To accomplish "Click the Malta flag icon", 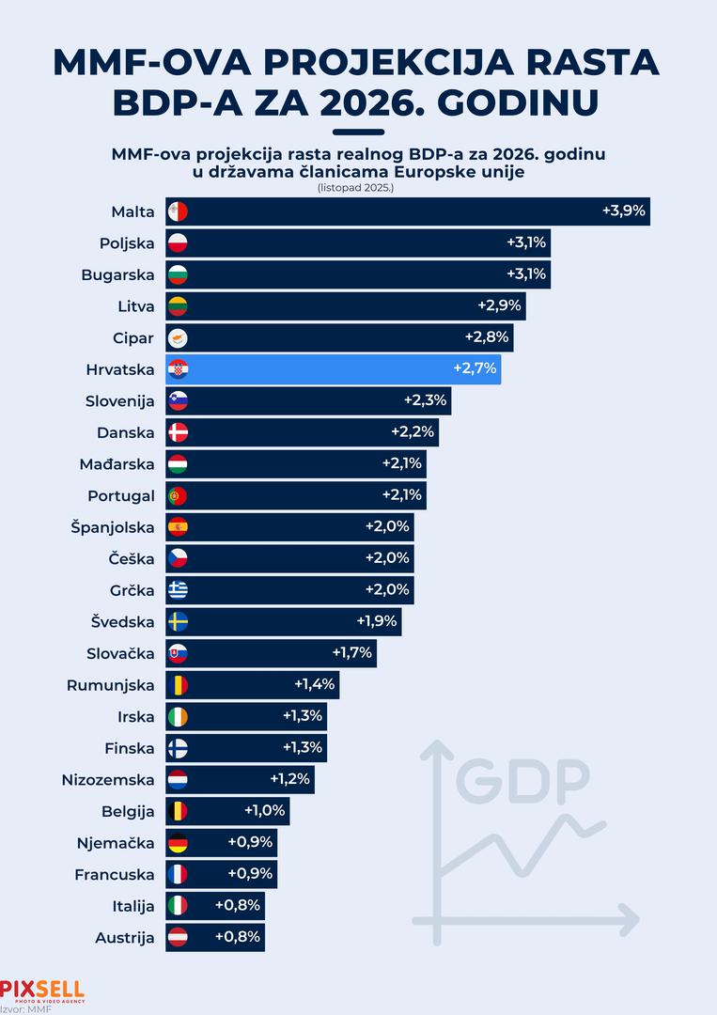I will pos(178,211).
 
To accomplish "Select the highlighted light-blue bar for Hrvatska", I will pos(334,369).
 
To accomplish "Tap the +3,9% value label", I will pos(624,211).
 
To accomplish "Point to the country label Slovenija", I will pos(121,401).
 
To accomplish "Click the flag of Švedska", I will pos(178,621).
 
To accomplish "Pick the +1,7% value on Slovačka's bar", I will pos(352,653).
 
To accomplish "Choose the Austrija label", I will pos(124,937).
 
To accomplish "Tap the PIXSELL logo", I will pos(42,990).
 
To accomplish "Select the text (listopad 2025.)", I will pos(357,188).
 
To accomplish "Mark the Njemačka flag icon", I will pos(178,843).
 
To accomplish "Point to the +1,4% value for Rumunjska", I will pos(315,685).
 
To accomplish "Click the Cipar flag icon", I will pos(178,337).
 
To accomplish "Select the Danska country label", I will pos(125,432).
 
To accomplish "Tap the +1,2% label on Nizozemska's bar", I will pos(289,779).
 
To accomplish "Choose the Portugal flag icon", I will pos(178,495).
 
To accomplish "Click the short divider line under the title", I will pos(358,133).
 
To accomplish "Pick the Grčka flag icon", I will pos(178,590).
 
